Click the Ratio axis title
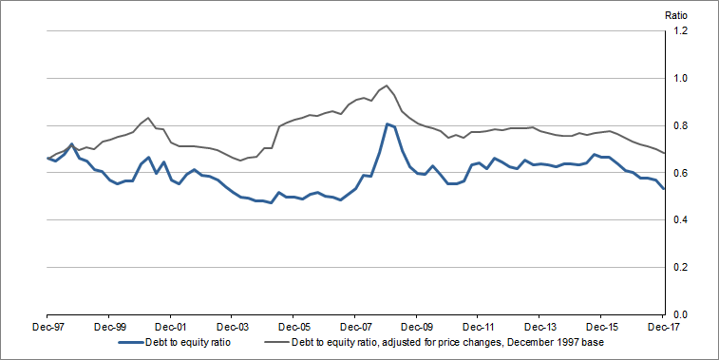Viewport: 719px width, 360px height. pyautogui.click(x=675, y=14)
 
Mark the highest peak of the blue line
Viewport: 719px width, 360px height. pyautogui.click(x=387, y=123)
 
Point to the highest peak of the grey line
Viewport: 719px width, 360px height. pyautogui.click(x=387, y=85)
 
